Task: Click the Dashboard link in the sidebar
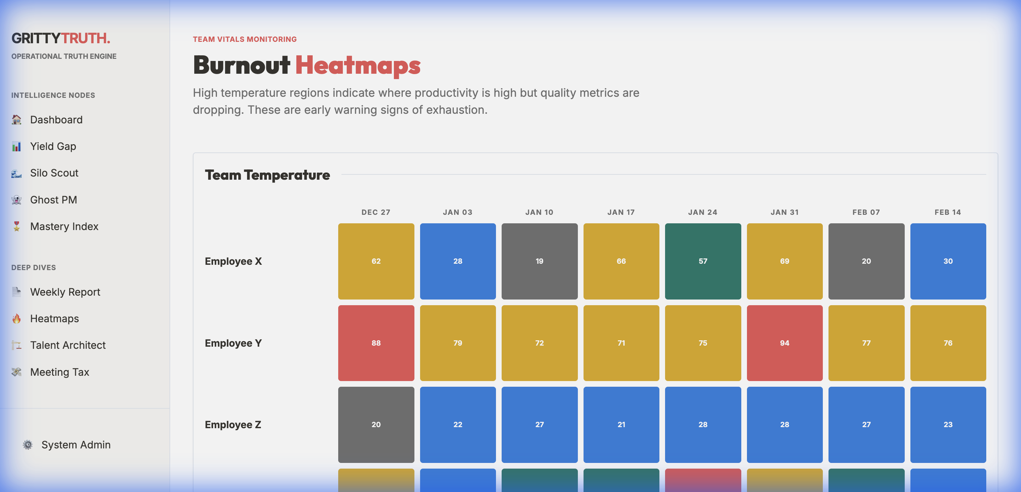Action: [x=56, y=120]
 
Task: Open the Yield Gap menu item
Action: [x=53, y=146]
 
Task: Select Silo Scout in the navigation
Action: [x=54, y=173]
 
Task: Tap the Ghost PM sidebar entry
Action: [x=53, y=200]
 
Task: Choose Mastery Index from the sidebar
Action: [x=64, y=227]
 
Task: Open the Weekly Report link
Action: [x=65, y=292]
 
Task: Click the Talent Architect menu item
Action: [x=67, y=345]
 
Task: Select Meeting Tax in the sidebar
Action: [x=60, y=372]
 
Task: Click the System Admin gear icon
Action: [x=28, y=445]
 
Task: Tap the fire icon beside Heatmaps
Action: [x=17, y=319]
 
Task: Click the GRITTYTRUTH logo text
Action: [x=61, y=38]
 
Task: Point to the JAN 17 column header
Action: [x=621, y=212]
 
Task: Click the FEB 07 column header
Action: [x=866, y=212]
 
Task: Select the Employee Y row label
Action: [x=233, y=343]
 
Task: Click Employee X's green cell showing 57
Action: [x=703, y=261]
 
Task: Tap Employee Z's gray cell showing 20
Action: [x=376, y=425]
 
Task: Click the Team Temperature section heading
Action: [x=267, y=175]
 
